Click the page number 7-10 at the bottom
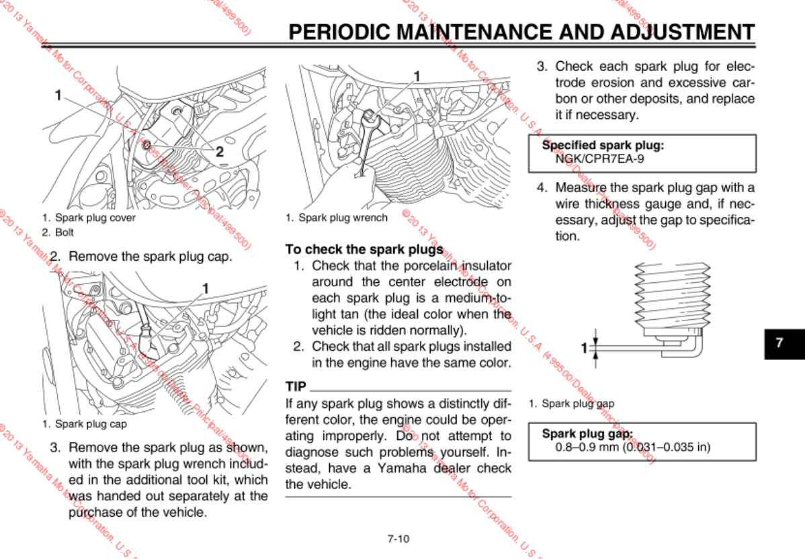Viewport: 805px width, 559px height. click(x=398, y=538)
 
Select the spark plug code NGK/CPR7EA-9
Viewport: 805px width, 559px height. click(x=589, y=159)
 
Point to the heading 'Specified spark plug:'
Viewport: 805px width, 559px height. click(x=603, y=144)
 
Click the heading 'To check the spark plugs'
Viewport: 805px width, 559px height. click(x=364, y=249)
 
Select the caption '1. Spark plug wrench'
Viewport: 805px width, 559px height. click(x=337, y=218)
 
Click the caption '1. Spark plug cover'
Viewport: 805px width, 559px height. click(x=89, y=218)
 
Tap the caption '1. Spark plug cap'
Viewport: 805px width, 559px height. click(x=84, y=424)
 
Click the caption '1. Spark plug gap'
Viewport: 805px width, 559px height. click(x=571, y=404)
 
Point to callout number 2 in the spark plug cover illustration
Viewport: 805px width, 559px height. click(x=219, y=152)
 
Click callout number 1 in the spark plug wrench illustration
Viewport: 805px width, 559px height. click(x=417, y=76)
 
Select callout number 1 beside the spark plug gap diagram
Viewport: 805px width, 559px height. click(x=583, y=347)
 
